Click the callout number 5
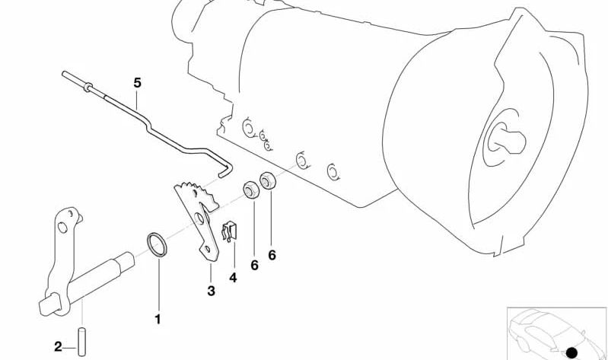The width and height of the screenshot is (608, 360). click(x=138, y=83)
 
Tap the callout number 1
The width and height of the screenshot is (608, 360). click(x=158, y=320)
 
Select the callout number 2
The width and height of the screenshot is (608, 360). click(x=58, y=347)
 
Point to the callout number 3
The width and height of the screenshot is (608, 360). click(x=211, y=291)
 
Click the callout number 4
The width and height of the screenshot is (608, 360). click(x=233, y=278)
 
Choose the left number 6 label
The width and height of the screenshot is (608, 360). click(x=254, y=266)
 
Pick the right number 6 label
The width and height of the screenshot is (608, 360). click(x=272, y=255)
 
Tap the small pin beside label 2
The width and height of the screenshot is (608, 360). click(x=82, y=342)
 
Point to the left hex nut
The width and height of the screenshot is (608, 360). click(x=251, y=190)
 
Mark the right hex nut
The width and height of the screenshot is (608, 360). click(x=268, y=180)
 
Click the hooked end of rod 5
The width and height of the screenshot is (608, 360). click(x=227, y=171)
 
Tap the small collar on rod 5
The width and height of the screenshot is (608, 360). click(x=88, y=88)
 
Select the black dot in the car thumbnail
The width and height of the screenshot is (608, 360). click(x=571, y=352)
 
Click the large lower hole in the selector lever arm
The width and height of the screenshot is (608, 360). click(x=62, y=228)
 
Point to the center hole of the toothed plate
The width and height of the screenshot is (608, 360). click(x=199, y=218)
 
